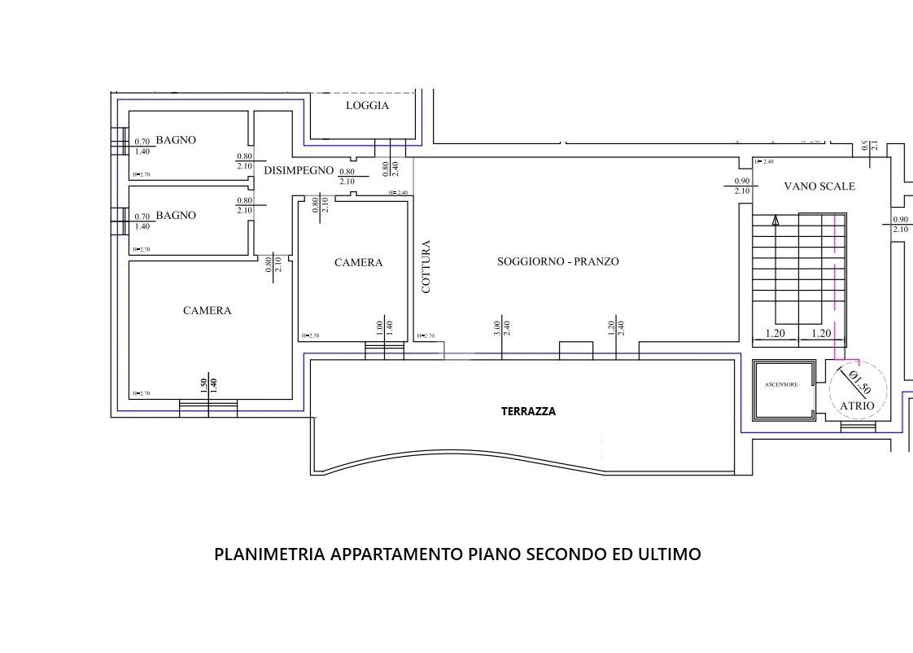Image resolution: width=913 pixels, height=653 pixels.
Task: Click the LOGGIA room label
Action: (x=367, y=106)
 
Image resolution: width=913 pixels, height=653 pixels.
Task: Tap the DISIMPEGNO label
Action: (x=299, y=170)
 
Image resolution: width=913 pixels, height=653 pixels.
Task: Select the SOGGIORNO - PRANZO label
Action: (x=557, y=261)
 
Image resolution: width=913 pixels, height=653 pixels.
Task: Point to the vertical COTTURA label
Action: (x=426, y=266)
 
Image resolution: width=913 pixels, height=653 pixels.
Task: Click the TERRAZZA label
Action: (x=528, y=412)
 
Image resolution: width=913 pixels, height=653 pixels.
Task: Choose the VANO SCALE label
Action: (x=819, y=186)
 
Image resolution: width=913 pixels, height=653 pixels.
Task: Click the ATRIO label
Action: (x=856, y=405)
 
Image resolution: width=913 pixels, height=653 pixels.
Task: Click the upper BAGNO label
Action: (x=176, y=140)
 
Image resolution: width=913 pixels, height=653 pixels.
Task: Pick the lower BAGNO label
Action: (x=176, y=216)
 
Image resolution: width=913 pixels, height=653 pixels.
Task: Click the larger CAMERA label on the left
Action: (x=207, y=311)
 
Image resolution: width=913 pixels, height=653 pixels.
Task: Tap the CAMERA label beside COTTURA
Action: (x=358, y=263)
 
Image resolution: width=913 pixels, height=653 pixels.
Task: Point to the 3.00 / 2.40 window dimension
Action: (x=501, y=328)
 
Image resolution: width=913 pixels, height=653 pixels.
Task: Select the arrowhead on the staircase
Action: (x=775, y=219)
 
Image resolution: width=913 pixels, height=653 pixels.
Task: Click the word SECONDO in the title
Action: (x=566, y=554)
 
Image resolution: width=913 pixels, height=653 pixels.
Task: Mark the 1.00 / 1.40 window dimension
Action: (x=384, y=328)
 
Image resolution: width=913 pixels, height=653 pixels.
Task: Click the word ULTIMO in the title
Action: (x=669, y=554)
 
